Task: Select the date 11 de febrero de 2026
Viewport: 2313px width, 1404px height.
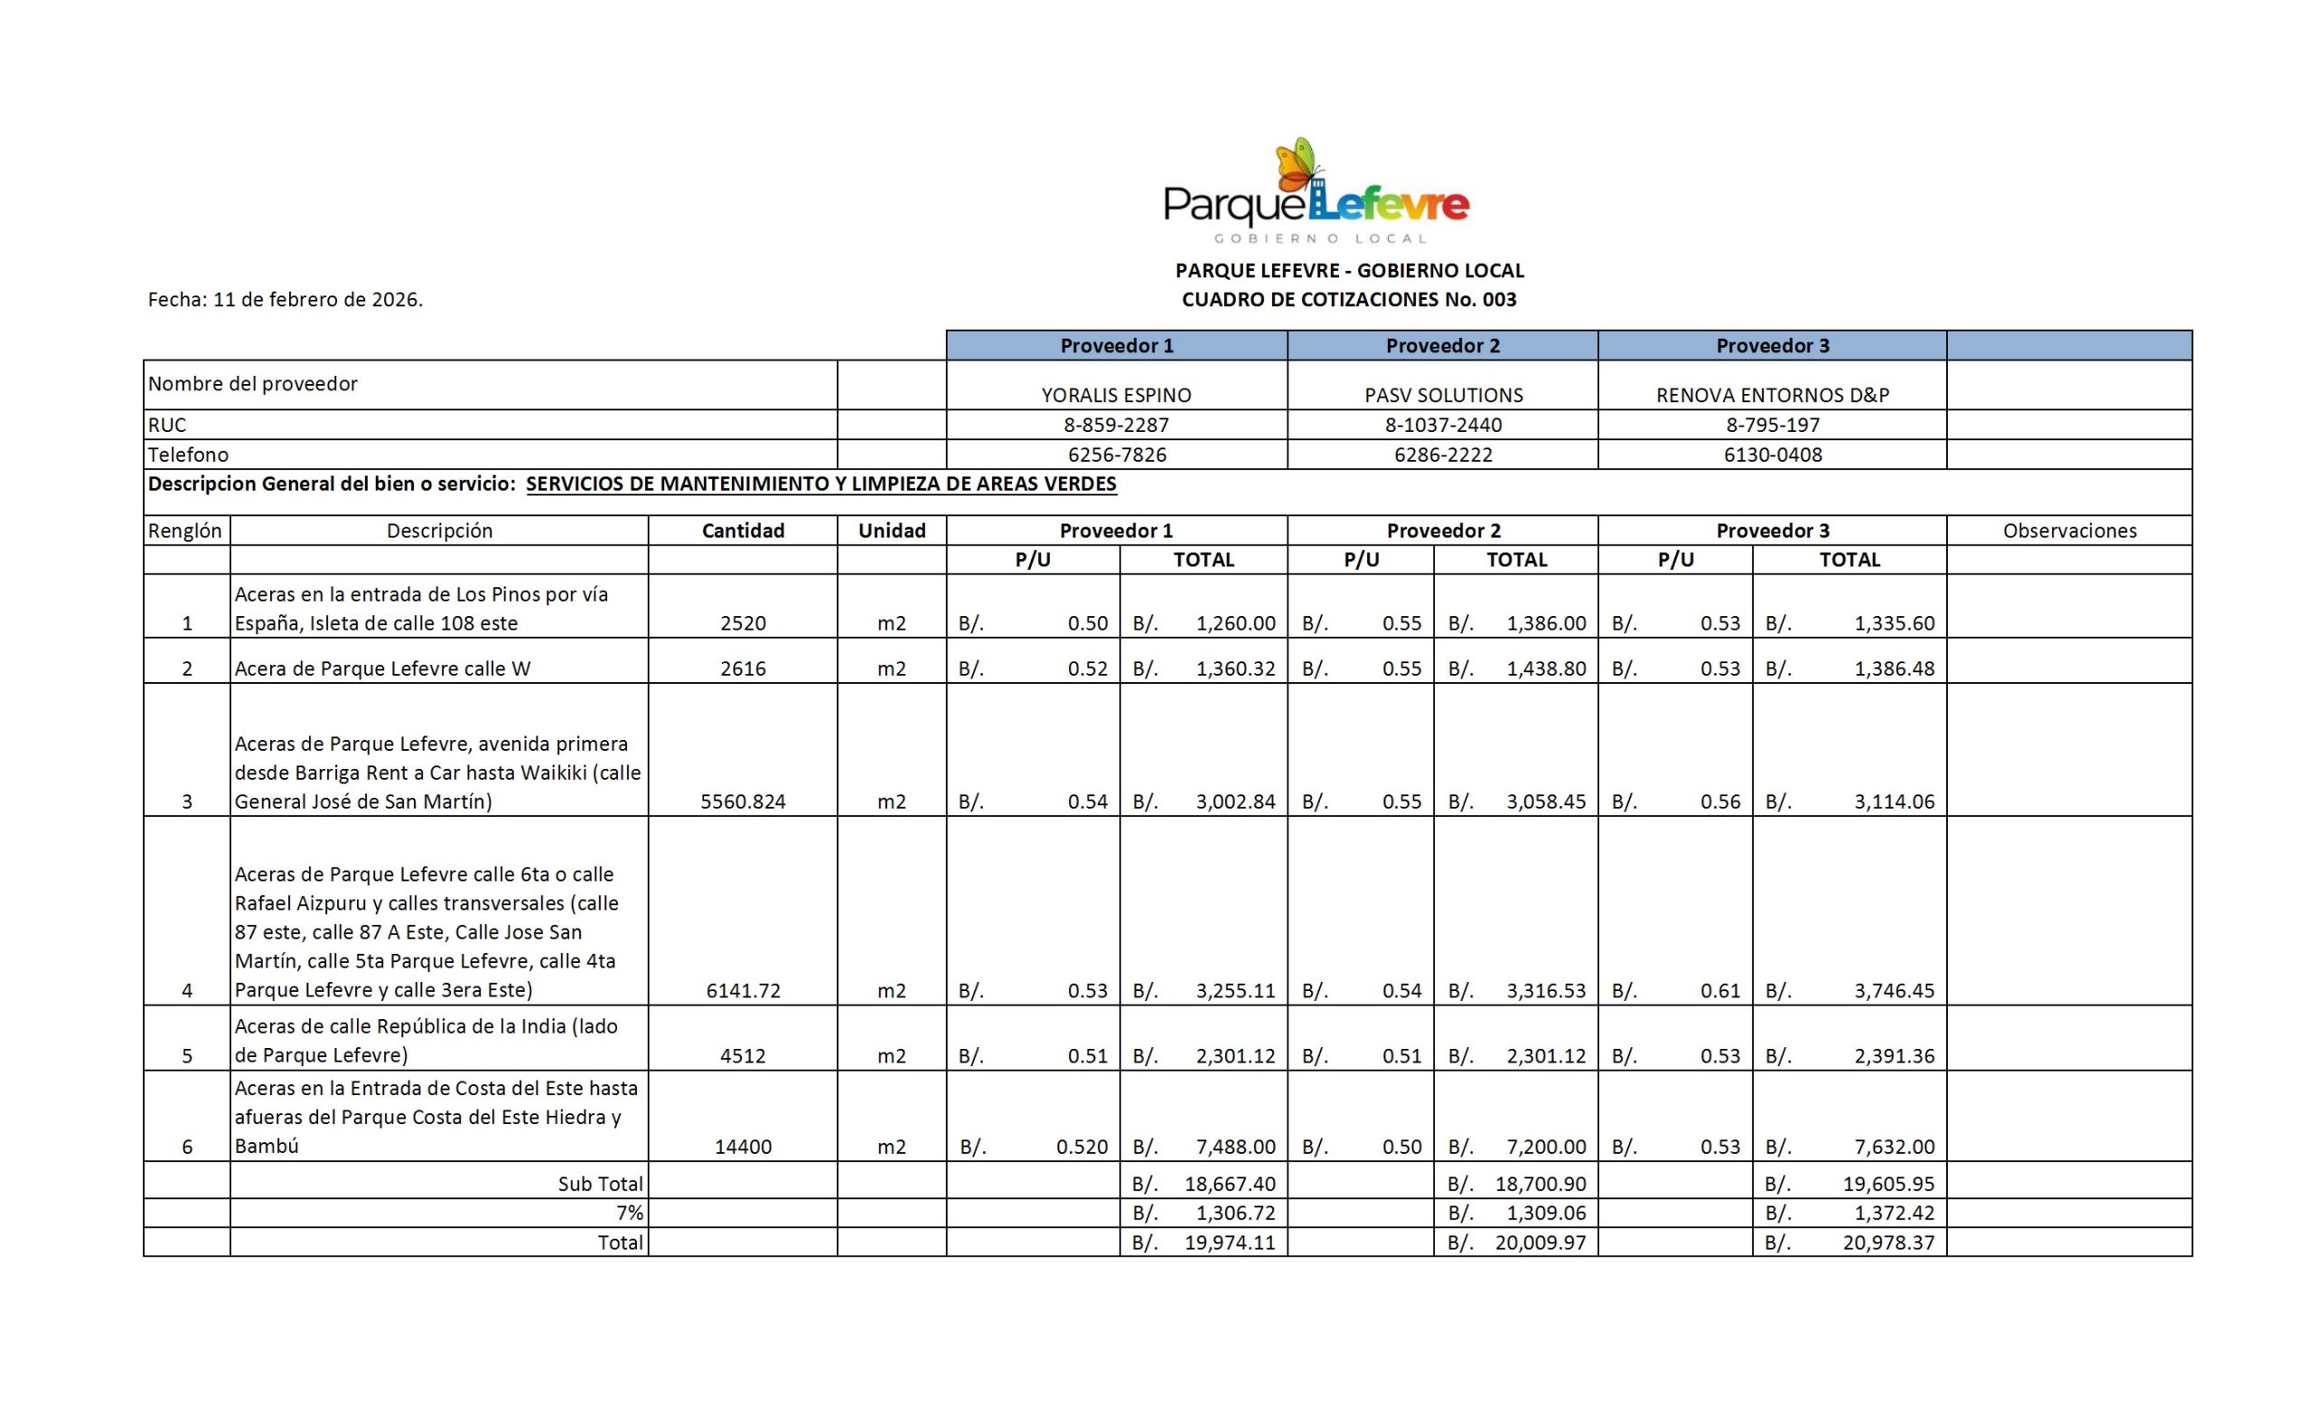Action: point(317,299)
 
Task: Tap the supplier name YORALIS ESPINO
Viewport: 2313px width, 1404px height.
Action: point(1116,395)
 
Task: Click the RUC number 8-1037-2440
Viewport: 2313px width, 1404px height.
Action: point(1443,426)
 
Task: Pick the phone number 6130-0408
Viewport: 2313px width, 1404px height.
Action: point(1773,455)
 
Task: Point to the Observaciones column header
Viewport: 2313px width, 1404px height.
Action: point(2069,530)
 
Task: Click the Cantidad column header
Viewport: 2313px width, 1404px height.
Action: point(743,530)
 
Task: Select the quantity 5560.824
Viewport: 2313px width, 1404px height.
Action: point(743,801)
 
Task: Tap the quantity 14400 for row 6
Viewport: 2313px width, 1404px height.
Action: point(743,1146)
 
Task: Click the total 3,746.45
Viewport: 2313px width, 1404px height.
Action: point(1894,990)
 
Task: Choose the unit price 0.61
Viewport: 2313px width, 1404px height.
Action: point(1719,990)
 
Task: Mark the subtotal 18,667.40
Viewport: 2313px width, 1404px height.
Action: point(1229,1184)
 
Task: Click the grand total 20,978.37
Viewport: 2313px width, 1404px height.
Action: point(1887,1242)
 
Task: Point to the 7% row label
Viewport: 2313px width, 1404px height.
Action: point(629,1212)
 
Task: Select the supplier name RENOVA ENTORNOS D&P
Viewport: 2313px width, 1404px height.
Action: point(1773,395)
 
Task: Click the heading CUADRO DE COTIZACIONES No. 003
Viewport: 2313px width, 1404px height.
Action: point(1349,299)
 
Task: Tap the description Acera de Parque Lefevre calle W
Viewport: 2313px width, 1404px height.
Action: point(382,669)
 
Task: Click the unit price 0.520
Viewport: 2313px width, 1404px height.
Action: point(1082,1146)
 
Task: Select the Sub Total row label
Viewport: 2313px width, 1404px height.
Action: point(600,1184)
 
